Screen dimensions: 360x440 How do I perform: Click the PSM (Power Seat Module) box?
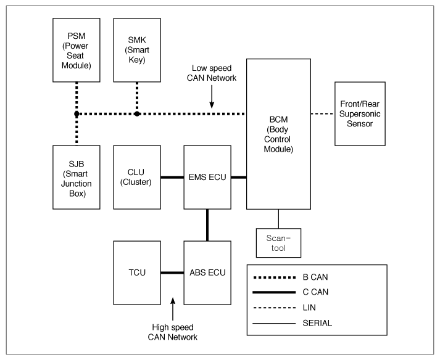[x=76, y=49]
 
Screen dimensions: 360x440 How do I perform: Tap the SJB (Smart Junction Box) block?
[x=76, y=177]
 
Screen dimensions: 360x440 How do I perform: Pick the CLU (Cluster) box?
[x=137, y=177]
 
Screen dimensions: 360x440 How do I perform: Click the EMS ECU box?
[x=207, y=177]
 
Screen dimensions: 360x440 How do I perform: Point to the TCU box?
[x=137, y=272]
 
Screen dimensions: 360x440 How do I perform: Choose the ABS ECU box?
[x=207, y=272]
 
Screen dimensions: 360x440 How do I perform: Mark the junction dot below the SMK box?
[x=137, y=114]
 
